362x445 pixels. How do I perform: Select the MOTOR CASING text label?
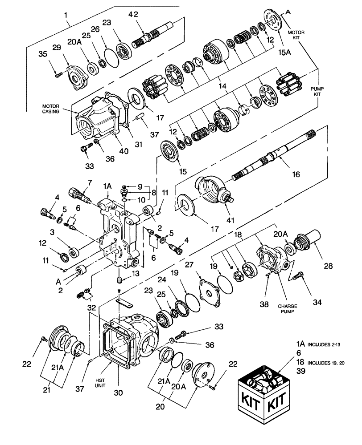[52, 109]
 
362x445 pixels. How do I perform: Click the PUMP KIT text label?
[317, 92]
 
